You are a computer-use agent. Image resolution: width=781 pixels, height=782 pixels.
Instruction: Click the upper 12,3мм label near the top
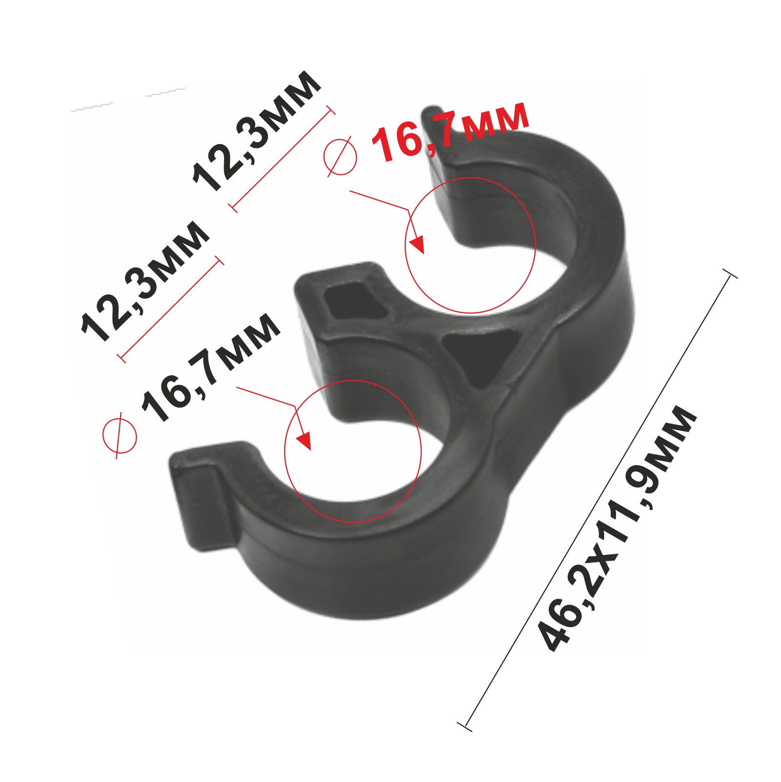(257, 131)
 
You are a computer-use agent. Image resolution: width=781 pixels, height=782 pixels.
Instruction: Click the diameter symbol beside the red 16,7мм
(340, 156)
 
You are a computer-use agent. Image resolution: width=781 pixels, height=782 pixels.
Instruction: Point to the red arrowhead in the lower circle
(304, 440)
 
